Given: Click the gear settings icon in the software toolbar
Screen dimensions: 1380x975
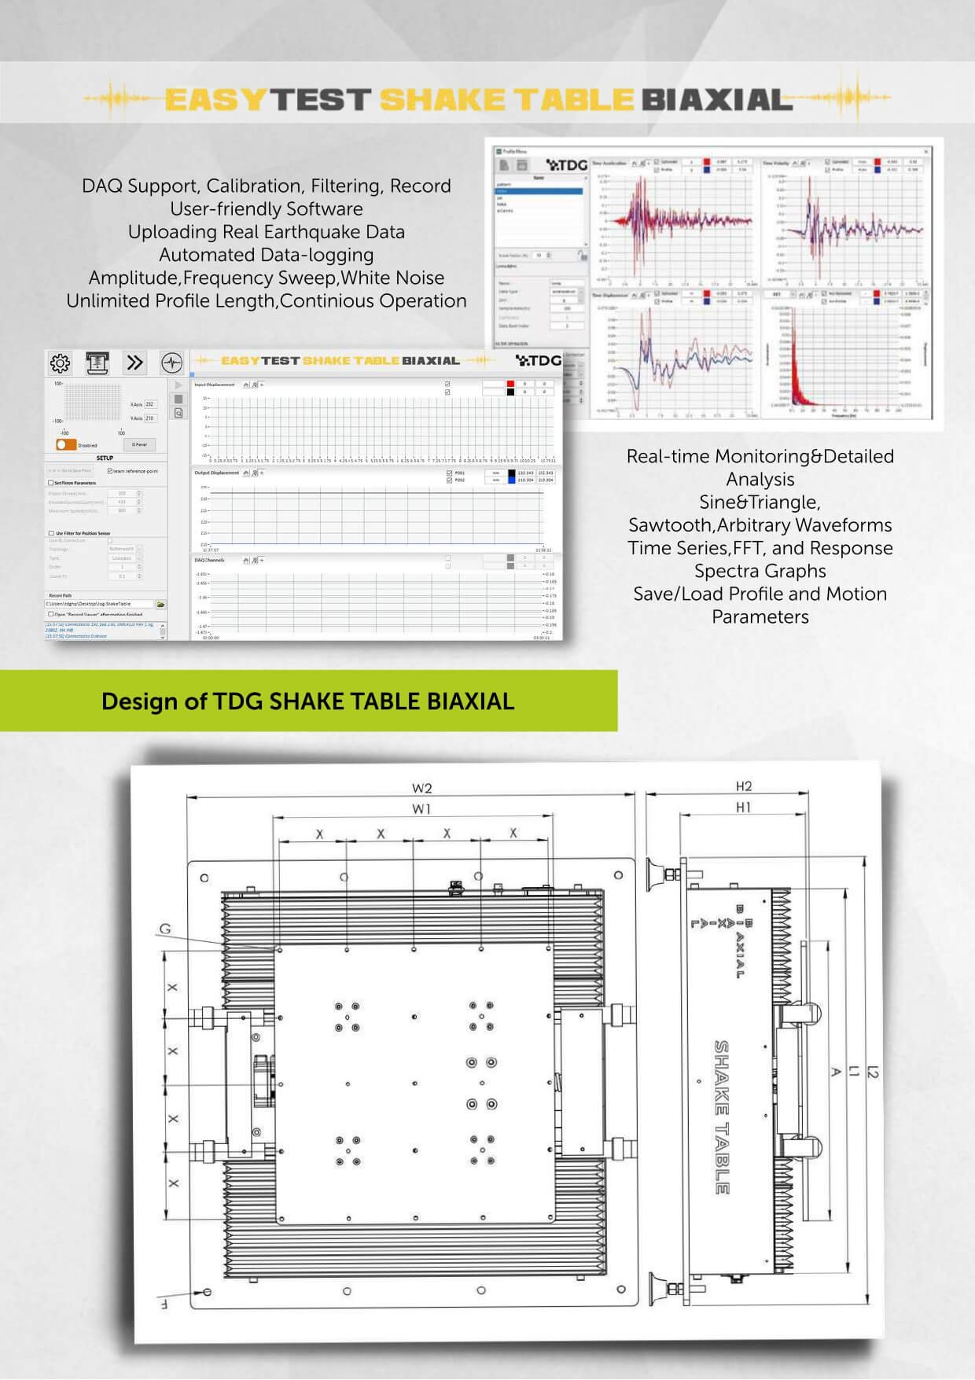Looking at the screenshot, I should click(x=61, y=362).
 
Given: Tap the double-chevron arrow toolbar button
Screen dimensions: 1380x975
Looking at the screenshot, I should click(x=134, y=362).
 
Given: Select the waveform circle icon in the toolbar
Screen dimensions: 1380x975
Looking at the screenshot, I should click(x=171, y=362).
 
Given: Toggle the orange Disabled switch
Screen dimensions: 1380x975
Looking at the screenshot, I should click(x=66, y=444).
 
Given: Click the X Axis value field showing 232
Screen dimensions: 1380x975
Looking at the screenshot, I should click(x=150, y=404).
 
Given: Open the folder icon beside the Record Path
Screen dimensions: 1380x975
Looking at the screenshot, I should click(x=160, y=605).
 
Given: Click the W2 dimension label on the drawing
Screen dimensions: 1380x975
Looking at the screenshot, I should click(x=421, y=788).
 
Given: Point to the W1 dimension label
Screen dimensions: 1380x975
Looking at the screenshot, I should click(x=421, y=808).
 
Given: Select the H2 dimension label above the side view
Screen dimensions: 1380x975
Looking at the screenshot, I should click(x=743, y=786).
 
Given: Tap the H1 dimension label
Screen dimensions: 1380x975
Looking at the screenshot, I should click(x=743, y=807).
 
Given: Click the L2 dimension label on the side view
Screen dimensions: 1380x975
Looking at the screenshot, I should click(x=873, y=1070).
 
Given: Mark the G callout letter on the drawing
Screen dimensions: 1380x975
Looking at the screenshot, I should click(x=165, y=929).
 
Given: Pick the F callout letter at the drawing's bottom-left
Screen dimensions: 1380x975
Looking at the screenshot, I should click(x=164, y=1304).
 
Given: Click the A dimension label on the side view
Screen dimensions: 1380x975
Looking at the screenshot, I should click(x=837, y=1071).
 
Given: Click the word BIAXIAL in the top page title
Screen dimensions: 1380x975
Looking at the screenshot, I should click(x=716, y=100).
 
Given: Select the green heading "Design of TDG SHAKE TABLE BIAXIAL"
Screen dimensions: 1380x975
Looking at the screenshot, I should click(x=307, y=701).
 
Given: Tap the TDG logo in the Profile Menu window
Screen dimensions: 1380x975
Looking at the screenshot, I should click(x=567, y=165).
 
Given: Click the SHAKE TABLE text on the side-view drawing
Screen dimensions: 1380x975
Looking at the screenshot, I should click(x=721, y=1117).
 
